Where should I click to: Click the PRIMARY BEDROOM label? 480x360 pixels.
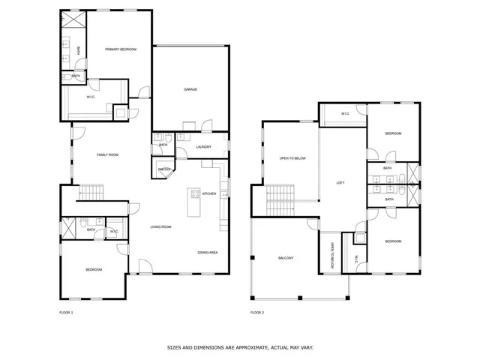pyautogui.click(x=121, y=49)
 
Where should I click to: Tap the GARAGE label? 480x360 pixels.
pyautogui.click(x=190, y=90)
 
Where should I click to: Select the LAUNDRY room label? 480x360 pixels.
pyautogui.click(x=203, y=147)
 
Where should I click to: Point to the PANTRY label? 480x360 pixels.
pyautogui.click(x=164, y=170)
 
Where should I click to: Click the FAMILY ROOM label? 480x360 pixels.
pyautogui.click(x=108, y=155)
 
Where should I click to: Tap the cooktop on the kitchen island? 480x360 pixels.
pyautogui.click(x=195, y=194)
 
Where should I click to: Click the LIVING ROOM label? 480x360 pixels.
pyautogui.click(x=161, y=227)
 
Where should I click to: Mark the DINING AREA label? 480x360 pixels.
pyautogui.click(x=208, y=253)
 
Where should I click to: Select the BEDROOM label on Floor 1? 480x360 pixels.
pyautogui.click(x=93, y=270)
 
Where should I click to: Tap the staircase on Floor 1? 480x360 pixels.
pyautogui.click(x=91, y=192)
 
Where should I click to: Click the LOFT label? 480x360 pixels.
pyautogui.click(x=340, y=183)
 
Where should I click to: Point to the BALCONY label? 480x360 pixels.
pyautogui.click(x=286, y=259)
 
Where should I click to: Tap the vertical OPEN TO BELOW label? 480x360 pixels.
pyautogui.click(x=331, y=255)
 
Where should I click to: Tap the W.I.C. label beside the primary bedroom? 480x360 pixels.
pyautogui.click(x=91, y=97)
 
